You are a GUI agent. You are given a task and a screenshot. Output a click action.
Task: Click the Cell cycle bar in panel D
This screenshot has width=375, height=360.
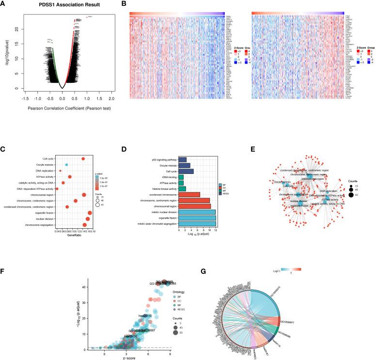(x=186, y=171)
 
